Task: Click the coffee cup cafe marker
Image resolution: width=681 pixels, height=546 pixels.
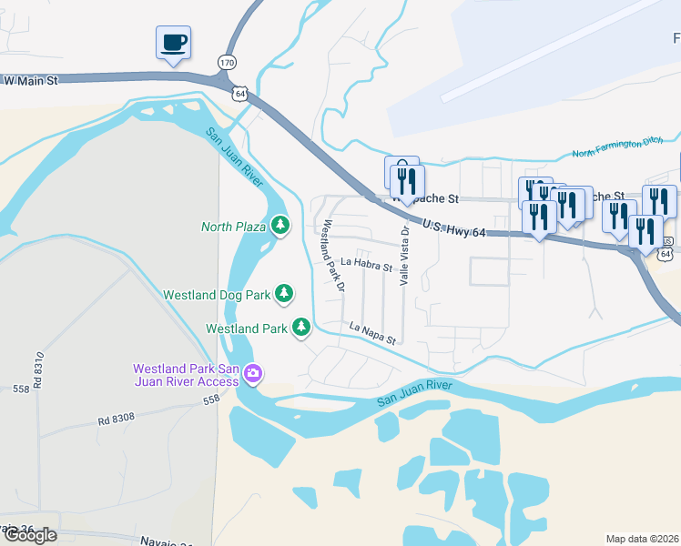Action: (173, 42)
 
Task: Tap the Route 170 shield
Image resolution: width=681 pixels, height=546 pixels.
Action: (227, 61)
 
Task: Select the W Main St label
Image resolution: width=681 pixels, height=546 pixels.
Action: (30, 81)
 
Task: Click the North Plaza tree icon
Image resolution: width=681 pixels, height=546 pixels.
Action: (280, 225)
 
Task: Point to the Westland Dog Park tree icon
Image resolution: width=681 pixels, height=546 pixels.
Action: (285, 293)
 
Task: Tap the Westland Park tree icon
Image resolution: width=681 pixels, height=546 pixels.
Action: (301, 327)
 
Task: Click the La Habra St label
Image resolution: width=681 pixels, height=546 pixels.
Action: (366, 266)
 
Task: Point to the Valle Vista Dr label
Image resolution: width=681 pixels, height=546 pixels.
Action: (404, 257)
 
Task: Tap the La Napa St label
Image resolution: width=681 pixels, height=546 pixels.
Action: (373, 333)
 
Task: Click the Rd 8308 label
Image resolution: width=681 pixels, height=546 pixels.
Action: (117, 420)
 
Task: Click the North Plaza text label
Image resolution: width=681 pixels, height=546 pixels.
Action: (233, 226)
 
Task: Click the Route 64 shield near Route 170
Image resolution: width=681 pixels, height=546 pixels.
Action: (239, 93)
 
